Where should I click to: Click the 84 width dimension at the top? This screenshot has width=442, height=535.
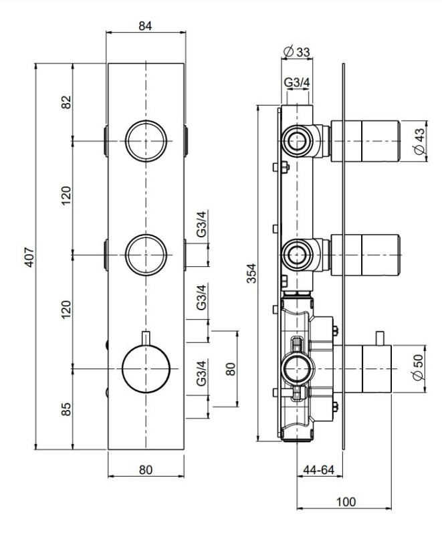[145, 25]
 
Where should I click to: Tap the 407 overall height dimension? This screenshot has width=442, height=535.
[29, 257]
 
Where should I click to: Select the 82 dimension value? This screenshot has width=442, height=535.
[66, 102]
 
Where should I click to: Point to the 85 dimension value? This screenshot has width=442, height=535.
[66, 409]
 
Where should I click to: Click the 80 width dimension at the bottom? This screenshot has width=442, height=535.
[146, 470]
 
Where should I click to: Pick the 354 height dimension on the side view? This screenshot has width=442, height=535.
[251, 273]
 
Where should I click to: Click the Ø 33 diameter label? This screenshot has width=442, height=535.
[297, 52]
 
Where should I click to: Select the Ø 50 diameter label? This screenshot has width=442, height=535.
[418, 367]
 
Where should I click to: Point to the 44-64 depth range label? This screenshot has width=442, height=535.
[318, 470]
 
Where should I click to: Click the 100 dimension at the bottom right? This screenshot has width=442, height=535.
[346, 502]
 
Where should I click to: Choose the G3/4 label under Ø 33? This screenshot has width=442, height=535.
[297, 82]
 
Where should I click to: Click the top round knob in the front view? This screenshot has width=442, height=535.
[146, 141]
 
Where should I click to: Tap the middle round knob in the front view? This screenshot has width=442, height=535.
[146, 255]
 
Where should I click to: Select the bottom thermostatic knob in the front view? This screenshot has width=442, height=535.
[146, 369]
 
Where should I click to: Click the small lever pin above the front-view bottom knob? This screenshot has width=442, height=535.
[146, 338]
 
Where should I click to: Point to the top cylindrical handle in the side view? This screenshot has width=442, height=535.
[365, 141]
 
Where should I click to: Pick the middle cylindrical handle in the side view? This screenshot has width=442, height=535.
[365, 255]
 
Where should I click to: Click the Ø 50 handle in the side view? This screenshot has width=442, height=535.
[377, 368]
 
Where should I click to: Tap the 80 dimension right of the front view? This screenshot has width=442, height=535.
[231, 369]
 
